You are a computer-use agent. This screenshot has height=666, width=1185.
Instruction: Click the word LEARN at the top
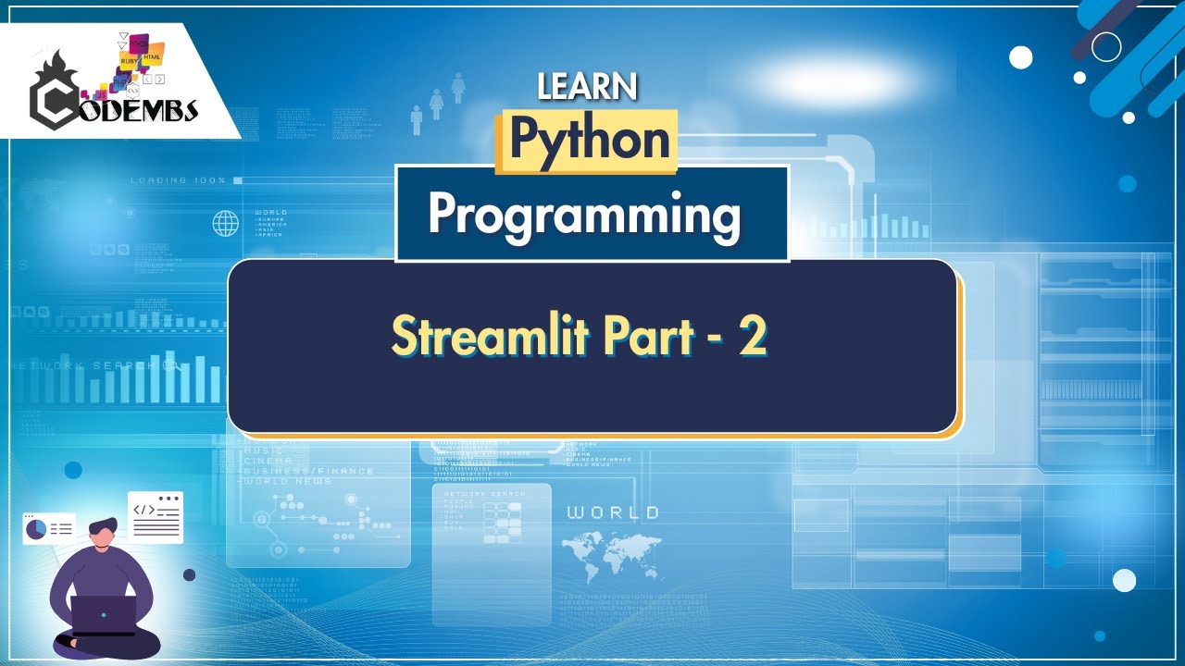[587, 87]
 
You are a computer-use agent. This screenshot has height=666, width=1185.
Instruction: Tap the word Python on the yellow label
[590, 141]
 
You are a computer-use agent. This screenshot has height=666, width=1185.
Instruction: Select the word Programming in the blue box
[584, 216]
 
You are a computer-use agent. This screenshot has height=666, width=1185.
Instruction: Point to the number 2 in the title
[751, 337]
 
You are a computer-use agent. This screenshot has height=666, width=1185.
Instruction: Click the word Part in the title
[648, 337]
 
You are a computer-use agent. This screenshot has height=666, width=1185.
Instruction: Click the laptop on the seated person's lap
[104, 614]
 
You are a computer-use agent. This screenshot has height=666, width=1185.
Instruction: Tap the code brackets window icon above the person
[156, 517]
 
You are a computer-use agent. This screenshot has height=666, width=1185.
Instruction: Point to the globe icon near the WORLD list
[225, 223]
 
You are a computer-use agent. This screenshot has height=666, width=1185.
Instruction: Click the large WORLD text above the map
[613, 512]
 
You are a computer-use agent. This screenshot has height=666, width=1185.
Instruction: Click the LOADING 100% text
[178, 179]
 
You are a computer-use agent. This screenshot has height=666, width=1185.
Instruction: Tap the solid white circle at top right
[1020, 57]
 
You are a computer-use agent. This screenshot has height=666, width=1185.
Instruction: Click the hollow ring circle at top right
[1106, 46]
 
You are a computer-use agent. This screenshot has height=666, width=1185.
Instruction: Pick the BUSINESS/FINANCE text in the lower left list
[307, 471]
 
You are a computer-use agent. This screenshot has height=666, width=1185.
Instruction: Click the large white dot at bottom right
[1124, 580]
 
